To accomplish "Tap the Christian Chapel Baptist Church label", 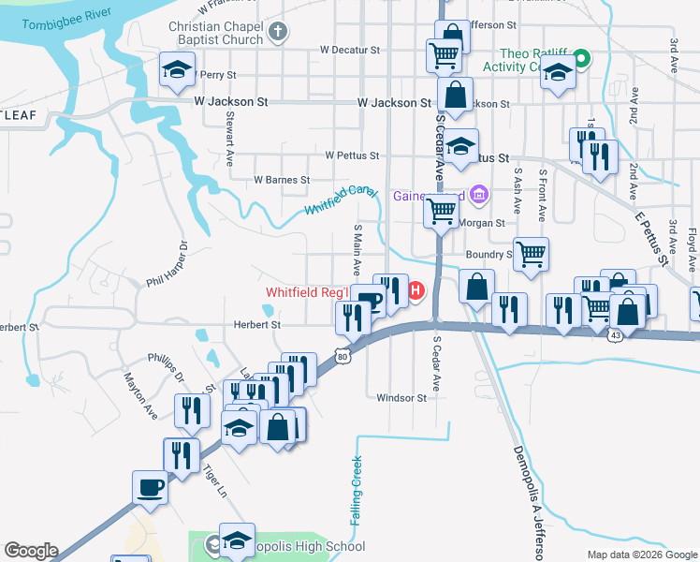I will coord(215,34).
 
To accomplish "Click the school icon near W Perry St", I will coord(175,70).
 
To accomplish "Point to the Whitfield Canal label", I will coord(341,200).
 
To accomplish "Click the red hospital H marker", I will coord(416,292).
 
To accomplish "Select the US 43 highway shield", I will coord(614,334).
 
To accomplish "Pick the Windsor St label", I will coord(401,397).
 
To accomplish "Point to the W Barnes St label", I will coord(282,180).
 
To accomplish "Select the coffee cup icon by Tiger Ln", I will coord(151,488).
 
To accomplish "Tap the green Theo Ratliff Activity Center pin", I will coord(581,59).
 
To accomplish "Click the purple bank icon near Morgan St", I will coord(479,195).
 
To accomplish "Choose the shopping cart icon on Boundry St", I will coord(531,253).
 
